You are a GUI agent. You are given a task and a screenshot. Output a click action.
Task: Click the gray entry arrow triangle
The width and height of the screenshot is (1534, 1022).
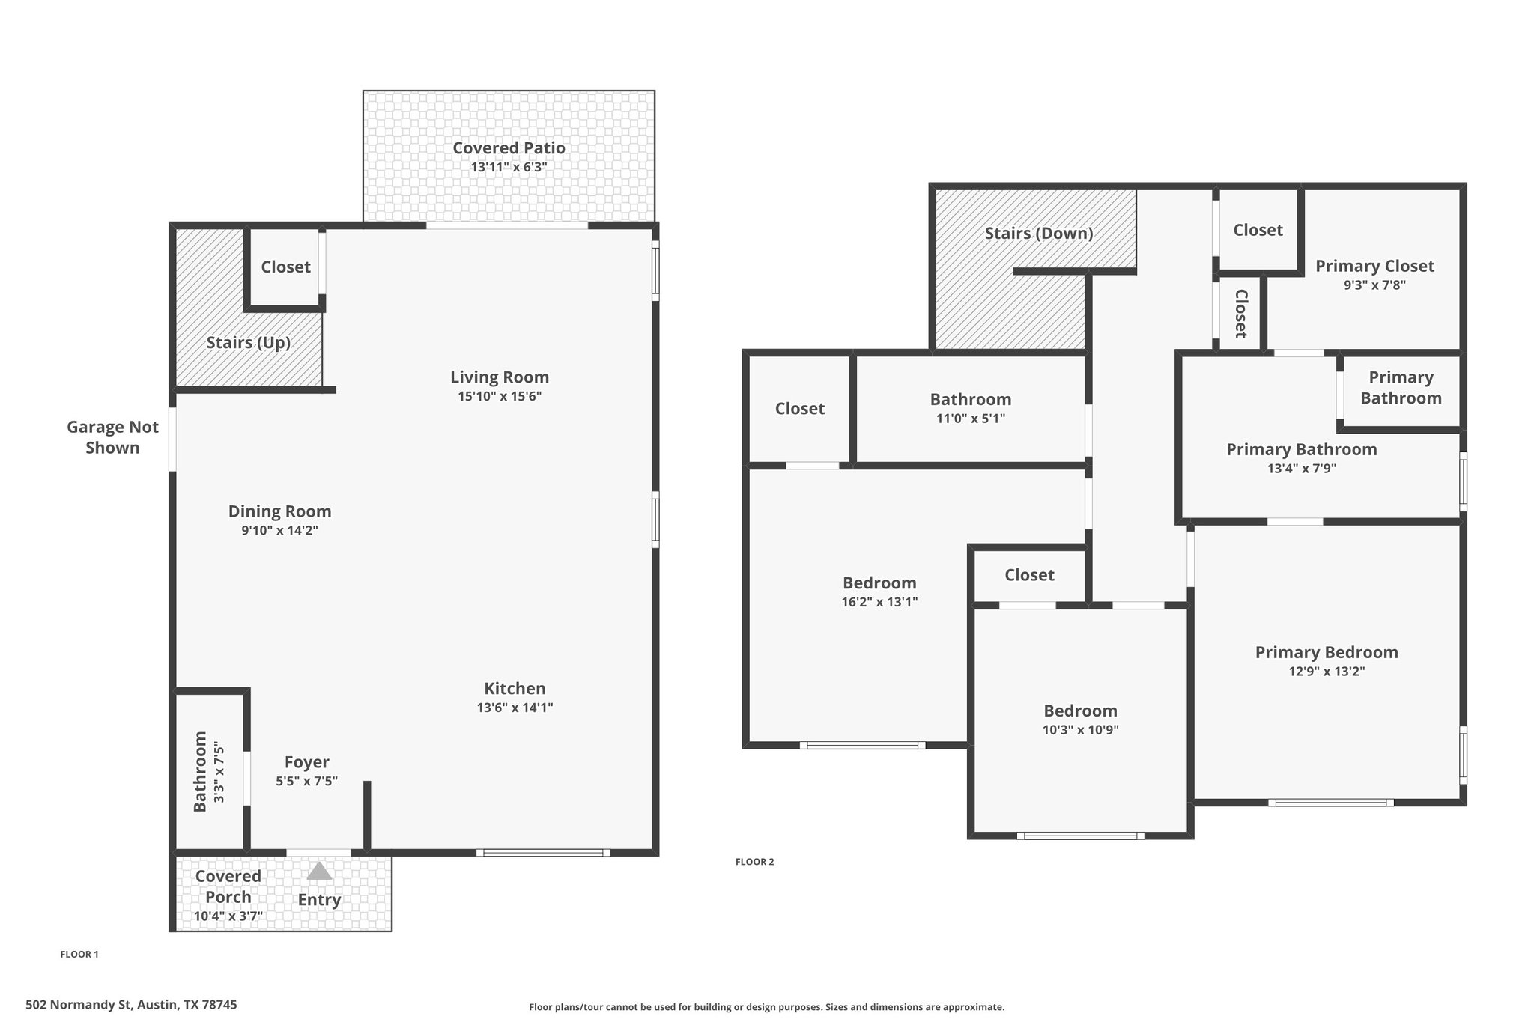point(319,871)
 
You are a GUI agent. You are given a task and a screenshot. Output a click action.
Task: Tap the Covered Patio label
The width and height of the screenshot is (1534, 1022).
point(509,148)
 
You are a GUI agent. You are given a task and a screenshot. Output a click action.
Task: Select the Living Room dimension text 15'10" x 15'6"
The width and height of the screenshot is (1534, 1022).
point(500,396)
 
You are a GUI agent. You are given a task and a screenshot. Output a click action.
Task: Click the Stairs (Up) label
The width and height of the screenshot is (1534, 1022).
point(249,343)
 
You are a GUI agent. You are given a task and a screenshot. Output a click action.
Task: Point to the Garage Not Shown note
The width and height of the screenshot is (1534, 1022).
point(112,437)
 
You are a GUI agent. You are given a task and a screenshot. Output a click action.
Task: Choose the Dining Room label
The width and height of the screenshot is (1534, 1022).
point(280,511)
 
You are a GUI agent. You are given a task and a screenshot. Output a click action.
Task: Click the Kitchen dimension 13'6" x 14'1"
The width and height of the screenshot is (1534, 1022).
point(515,708)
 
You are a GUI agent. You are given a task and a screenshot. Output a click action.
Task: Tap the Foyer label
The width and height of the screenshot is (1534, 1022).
point(307,762)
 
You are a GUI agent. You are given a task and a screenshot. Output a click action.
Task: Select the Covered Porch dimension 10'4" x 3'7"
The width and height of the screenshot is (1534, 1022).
point(228,916)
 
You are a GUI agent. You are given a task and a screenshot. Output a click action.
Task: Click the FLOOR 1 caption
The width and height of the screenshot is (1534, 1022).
point(79,955)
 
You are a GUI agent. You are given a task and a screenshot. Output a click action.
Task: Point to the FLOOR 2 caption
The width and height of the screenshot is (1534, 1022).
point(755,862)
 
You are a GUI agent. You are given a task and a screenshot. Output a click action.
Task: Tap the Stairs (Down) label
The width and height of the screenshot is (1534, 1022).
point(1039,234)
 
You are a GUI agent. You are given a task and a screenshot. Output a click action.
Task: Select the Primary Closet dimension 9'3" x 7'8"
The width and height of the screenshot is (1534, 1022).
point(1374,285)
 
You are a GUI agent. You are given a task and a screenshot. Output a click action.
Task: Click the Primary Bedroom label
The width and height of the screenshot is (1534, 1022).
point(1327,652)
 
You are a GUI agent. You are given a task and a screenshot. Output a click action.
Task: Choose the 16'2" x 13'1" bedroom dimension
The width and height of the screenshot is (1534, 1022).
point(879,602)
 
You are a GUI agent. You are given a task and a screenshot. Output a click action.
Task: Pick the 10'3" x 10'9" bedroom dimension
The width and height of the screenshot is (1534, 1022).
point(1080,730)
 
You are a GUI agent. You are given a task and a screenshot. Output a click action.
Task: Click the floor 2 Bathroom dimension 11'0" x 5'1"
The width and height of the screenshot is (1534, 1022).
point(971,419)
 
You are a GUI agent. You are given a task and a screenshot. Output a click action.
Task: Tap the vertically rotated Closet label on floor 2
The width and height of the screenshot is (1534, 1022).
point(1240,314)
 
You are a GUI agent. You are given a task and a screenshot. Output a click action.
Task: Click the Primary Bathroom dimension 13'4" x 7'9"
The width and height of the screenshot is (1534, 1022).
point(1302,469)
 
